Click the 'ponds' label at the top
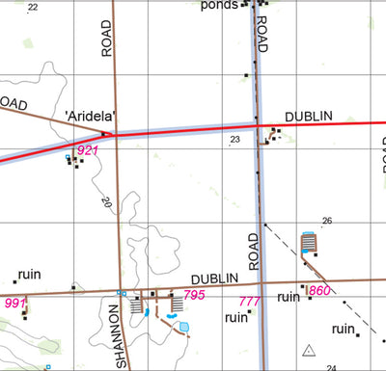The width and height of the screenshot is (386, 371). [x=218, y=5]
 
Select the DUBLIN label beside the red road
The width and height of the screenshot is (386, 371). [x=309, y=116]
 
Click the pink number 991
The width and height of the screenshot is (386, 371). [x=14, y=303]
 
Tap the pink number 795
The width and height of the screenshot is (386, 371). [x=194, y=295]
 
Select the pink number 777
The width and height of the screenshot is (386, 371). [x=249, y=303]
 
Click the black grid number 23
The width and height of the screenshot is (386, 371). [x=234, y=141]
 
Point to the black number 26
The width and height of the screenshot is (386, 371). [x=326, y=222]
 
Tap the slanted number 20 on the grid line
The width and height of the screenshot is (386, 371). [x=105, y=202]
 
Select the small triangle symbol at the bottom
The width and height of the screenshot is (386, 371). [x=309, y=351]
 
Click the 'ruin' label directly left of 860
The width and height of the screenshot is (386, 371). [x=289, y=297]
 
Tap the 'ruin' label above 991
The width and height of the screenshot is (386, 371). [x=29, y=274]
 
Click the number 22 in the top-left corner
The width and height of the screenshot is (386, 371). [x=34, y=7]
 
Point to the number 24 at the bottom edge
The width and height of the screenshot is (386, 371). [x=331, y=367]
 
